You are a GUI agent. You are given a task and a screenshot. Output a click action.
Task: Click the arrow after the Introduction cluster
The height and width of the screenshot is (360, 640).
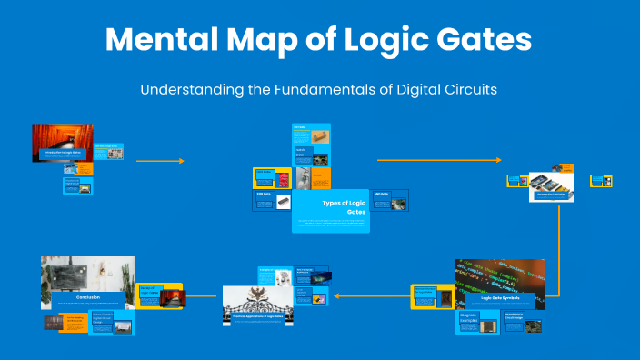coord(160,161)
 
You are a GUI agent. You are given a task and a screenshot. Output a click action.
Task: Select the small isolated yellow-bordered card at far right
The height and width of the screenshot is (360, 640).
coord(601,180)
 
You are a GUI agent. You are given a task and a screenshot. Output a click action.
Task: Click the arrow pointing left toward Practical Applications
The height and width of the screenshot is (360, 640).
coord(370,295)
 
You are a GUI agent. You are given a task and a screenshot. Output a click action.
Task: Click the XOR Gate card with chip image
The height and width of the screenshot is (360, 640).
coord(273,201)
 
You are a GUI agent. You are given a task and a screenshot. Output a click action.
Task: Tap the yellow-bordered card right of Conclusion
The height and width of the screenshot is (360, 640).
coord(160,295)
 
